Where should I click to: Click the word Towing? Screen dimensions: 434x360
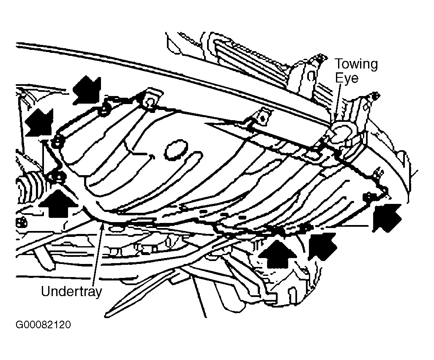(x=356, y=64)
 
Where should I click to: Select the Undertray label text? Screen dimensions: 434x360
(x=71, y=291)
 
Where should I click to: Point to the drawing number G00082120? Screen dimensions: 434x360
(x=43, y=325)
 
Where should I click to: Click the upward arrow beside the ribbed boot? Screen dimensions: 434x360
(x=58, y=202)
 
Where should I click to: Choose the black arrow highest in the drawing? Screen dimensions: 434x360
(x=87, y=89)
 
